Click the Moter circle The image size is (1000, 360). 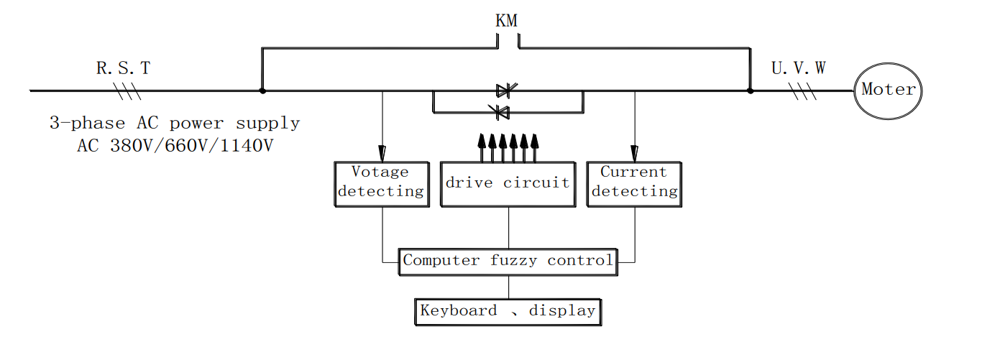(888, 91)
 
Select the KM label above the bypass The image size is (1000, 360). (506, 20)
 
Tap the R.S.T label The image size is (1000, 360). (124, 68)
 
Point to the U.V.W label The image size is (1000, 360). (798, 68)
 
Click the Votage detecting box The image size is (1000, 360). (382, 185)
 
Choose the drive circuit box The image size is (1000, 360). (509, 185)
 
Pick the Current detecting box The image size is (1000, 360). (634, 185)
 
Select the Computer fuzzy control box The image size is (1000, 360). (508, 260)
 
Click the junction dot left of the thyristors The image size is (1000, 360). (262, 91)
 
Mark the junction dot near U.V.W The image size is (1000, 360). (751, 91)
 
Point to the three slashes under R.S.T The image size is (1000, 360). (127, 91)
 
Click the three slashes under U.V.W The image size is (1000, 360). (803, 91)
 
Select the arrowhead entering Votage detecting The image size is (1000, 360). (382, 153)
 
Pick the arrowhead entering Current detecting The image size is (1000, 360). (634, 153)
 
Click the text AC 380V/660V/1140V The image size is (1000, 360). (175, 145)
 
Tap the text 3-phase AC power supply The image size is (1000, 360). (175, 124)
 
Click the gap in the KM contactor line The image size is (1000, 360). (508, 48)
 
